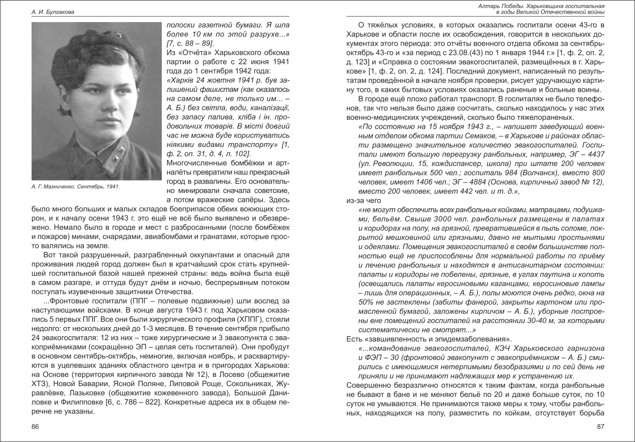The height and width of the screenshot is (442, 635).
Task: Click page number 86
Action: [35, 426]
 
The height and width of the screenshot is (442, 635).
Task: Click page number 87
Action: [599, 426]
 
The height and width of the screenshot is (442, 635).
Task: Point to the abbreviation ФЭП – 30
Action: [377, 358]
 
